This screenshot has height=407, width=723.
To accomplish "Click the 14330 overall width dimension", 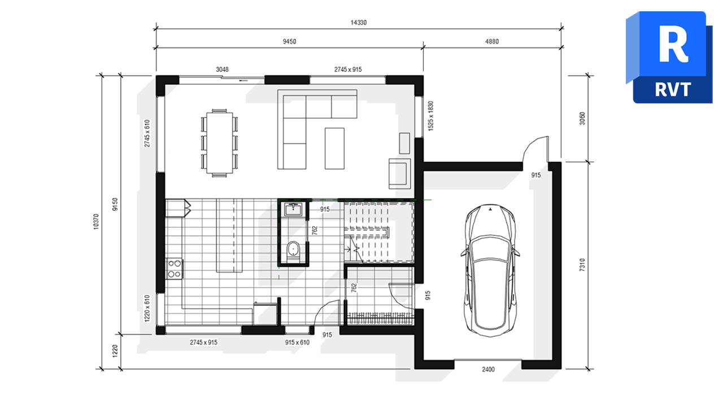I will click(359, 23).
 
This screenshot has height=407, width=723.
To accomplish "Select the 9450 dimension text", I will click(290, 41).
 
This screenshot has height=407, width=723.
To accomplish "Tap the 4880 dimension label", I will click(491, 41).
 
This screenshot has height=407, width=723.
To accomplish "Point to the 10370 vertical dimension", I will click(95, 221).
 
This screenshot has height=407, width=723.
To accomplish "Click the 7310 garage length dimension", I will click(582, 266).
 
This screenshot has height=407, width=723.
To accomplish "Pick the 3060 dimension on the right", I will click(582, 119).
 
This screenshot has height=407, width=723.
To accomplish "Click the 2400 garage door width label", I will click(488, 370).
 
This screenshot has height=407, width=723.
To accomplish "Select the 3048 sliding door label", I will click(223, 70).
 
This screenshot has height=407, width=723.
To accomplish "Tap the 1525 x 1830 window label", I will click(430, 117).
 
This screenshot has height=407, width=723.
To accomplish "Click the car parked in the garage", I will click(490, 270).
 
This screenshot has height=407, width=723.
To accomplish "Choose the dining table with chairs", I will click(219, 142).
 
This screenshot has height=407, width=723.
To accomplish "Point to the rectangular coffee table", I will click(334, 148).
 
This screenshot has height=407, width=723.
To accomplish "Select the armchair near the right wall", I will click(399, 173).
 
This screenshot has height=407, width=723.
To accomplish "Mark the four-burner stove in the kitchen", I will click(174, 269).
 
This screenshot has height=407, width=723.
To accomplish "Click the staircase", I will click(380, 232).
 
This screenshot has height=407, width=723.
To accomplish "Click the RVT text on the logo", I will click(673, 89).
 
